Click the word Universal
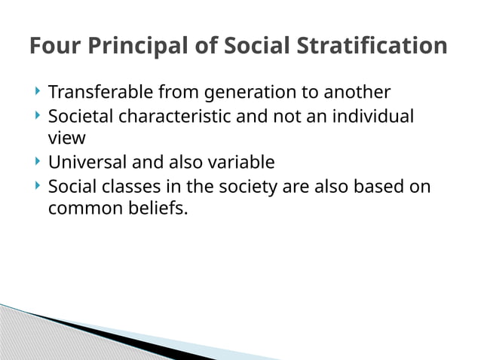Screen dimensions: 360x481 [x=87, y=163]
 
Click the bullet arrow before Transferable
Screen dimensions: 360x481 [x=38, y=92]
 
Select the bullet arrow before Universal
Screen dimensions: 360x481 [x=38, y=162]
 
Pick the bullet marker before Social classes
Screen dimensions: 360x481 [x=38, y=185]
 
